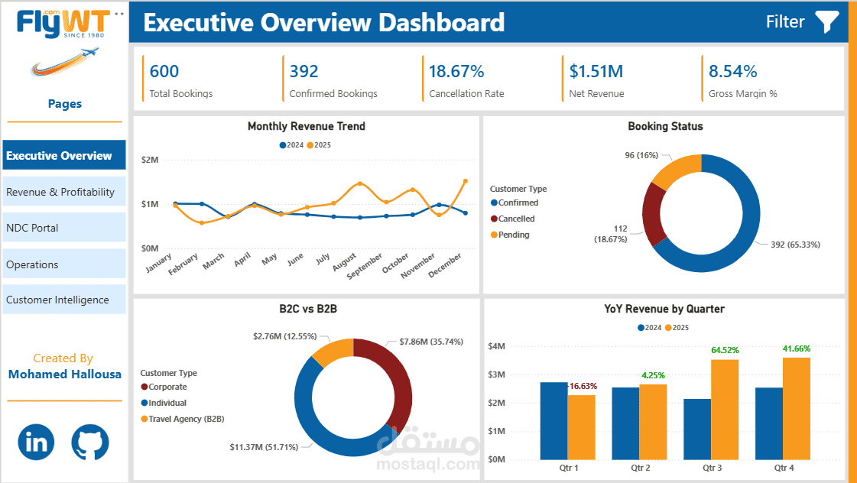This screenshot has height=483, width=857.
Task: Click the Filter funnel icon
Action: click(827, 22)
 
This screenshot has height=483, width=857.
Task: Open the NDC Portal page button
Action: click(64, 228)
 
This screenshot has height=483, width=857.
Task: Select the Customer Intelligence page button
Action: click(64, 300)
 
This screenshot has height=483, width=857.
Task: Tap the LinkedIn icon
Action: click(36, 442)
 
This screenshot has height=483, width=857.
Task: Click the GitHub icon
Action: click(90, 442)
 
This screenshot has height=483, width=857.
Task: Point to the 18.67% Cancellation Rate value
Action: click(456, 72)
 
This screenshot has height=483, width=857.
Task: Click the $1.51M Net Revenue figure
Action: click(596, 72)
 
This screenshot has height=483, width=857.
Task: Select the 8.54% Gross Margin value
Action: click(733, 72)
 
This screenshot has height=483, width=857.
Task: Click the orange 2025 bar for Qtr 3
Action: click(725, 409)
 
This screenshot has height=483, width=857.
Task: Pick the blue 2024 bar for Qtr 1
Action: click(553, 420)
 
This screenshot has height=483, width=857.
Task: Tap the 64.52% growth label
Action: click(725, 350)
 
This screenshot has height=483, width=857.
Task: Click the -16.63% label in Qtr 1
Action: click(582, 386)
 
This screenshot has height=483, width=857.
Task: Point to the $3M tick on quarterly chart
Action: click(496, 374)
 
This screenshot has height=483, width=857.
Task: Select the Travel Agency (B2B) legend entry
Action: click(183, 419)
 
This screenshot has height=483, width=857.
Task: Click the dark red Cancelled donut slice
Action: click(654, 214)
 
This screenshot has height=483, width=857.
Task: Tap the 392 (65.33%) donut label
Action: click(795, 245)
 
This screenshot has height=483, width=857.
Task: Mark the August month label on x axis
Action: click(344, 261)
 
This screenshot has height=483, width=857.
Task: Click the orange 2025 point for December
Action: click(466, 181)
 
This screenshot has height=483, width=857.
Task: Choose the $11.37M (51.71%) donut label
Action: click(264, 447)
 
